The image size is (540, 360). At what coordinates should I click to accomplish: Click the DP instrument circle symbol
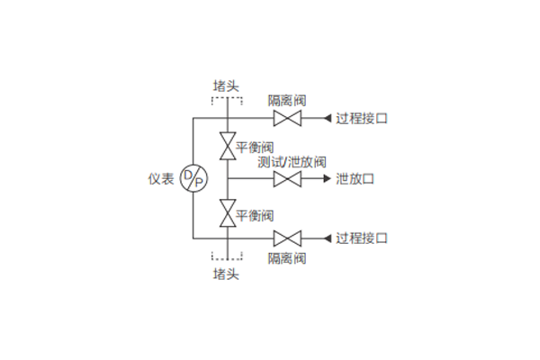click(193, 178)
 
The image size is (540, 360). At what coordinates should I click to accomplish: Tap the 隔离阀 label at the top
click(287, 101)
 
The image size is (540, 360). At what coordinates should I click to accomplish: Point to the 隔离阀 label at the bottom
click(287, 258)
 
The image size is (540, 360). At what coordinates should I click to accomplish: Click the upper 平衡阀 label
click(255, 147)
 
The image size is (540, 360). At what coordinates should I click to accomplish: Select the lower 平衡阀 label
click(255, 216)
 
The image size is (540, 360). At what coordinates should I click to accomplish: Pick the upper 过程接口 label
click(362, 119)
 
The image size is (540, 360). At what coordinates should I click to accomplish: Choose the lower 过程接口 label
click(362, 238)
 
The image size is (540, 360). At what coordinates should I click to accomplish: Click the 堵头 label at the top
click(226, 85)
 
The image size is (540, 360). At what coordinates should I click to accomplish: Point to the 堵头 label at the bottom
click(226, 273)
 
